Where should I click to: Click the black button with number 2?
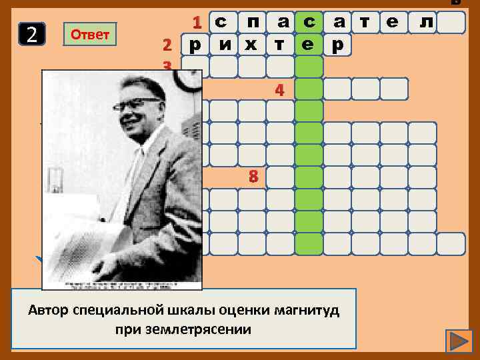click(x=32, y=35)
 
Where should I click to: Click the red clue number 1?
click(x=197, y=23)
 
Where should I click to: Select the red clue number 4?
click(x=281, y=89)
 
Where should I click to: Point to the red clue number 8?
click(x=253, y=177)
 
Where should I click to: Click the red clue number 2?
click(x=167, y=45)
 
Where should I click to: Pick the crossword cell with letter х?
click(x=253, y=45)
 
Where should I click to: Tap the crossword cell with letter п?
click(x=253, y=23)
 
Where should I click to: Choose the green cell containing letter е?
click(x=309, y=45)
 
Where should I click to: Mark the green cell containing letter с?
click(x=309, y=23)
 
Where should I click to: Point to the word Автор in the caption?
click(x=47, y=311)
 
